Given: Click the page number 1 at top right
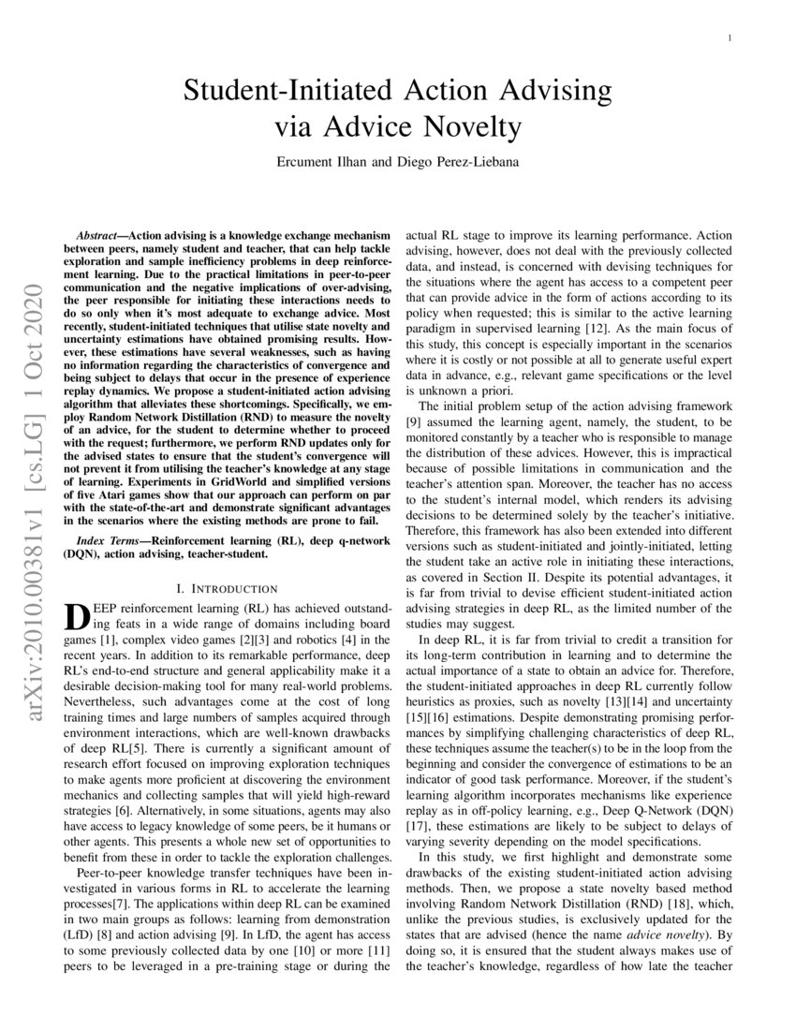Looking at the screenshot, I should (730, 38).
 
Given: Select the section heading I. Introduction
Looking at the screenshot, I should (228, 588).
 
